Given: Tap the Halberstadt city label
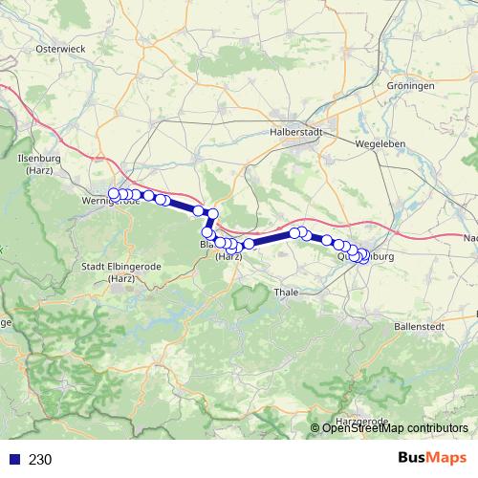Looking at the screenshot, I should pyautogui.click(x=297, y=133).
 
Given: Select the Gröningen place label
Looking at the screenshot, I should pyautogui.click(x=411, y=85).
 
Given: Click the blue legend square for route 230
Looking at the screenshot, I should pyautogui.click(x=13, y=459).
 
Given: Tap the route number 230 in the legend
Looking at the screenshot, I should pyautogui.click(x=40, y=459).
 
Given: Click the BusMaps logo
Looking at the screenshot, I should pyautogui.click(x=430, y=458).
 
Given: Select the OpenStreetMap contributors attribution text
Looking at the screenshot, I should pyautogui.click(x=394, y=427).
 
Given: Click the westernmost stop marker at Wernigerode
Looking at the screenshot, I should pyautogui.click(x=114, y=194).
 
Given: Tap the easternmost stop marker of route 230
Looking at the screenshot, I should pyautogui.click(x=364, y=255).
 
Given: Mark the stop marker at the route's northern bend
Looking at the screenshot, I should pyautogui.click(x=212, y=214).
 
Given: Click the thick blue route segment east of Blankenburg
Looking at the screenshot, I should pyautogui.click(x=272, y=238).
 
